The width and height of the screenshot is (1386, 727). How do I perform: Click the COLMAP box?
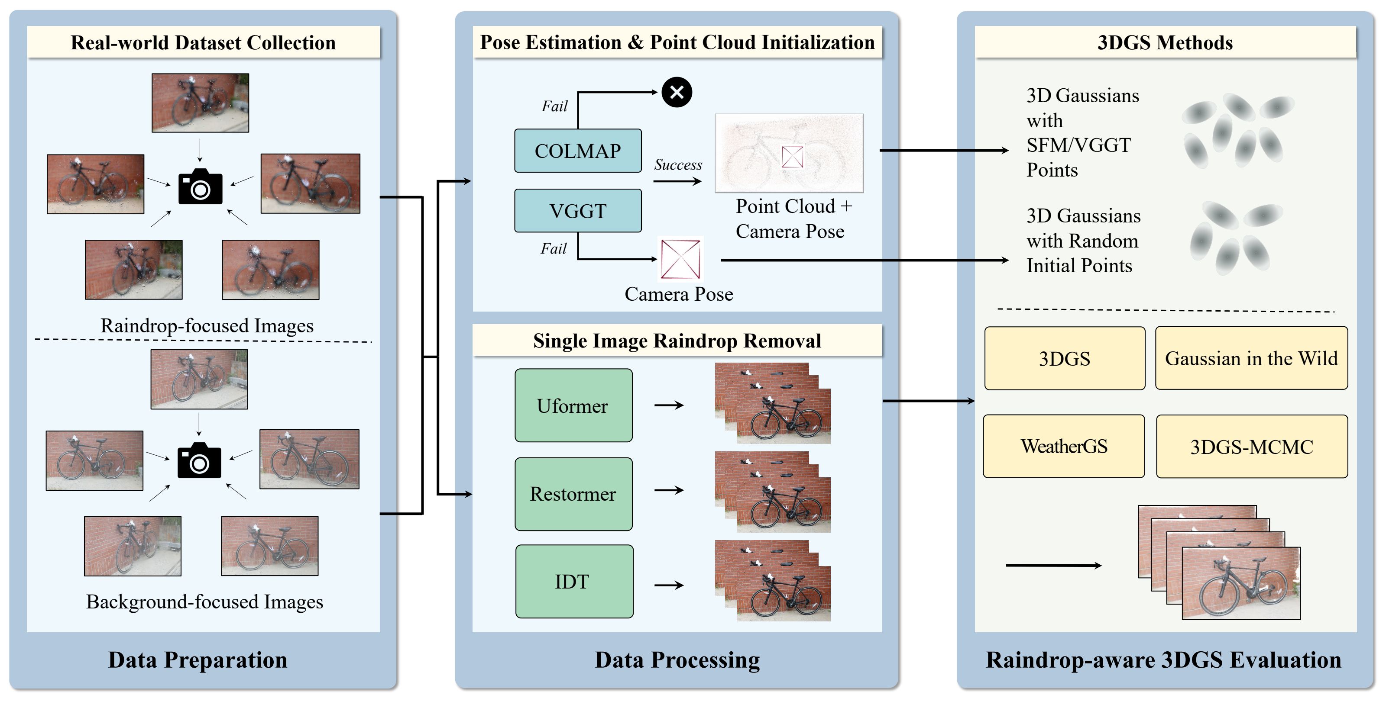[577, 151]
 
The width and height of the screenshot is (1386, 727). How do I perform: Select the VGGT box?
[577, 211]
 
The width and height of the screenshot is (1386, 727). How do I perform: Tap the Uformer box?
[573, 405]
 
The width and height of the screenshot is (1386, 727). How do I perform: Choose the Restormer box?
[573, 494]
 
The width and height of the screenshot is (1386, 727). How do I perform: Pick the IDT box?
[573, 581]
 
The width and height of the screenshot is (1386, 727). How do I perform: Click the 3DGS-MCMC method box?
[1251, 446]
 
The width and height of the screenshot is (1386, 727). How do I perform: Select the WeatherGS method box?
[1064, 446]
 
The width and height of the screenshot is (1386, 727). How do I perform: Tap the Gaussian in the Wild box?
[1251, 358]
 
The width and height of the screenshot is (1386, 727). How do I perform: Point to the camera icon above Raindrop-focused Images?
[200, 187]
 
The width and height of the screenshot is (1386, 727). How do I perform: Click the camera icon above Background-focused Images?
[199, 461]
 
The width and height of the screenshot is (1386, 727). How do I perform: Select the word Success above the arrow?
[678, 164]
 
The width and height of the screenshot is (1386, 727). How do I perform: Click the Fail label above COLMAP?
[554, 106]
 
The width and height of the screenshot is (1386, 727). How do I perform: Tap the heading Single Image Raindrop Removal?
[677, 341]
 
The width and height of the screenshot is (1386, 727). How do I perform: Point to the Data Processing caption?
[677, 660]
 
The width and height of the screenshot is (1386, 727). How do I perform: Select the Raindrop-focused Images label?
[207, 325]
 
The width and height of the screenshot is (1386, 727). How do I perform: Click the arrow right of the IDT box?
[669, 585]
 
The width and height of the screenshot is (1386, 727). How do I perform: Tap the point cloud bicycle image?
[789, 153]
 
